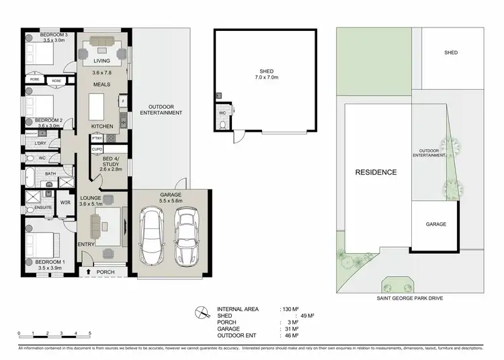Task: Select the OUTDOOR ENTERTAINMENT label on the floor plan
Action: (x=161, y=109)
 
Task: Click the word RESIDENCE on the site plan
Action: (x=376, y=173)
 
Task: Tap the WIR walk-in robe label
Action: (x=66, y=201)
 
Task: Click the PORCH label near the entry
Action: (x=106, y=272)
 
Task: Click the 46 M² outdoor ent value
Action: (x=292, y=335)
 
